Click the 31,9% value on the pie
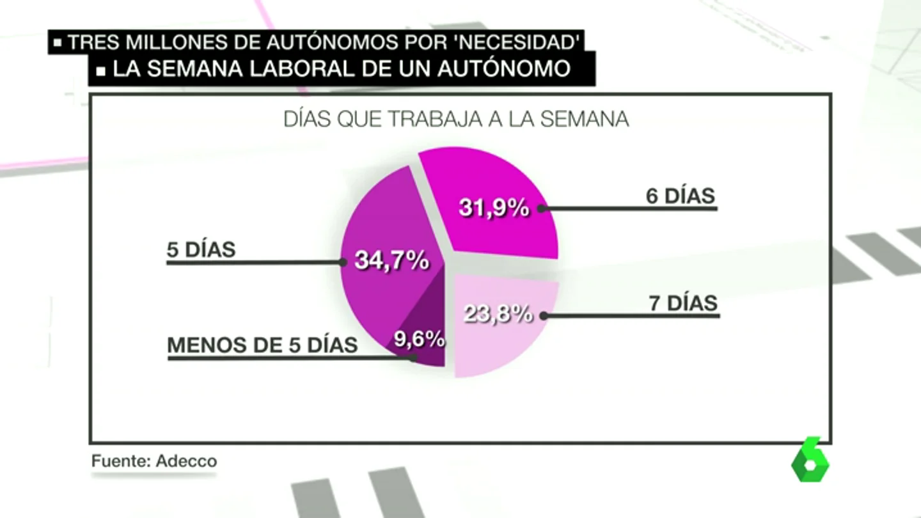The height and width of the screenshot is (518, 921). pyautogui.click(x=494, y=208)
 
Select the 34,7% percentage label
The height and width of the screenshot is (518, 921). pyautogui.click(x=392, y=260)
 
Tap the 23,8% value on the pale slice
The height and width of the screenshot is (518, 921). pyautogui.click(x=498, y=313)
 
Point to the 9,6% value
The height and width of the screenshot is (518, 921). pyautogui.click(x=420, y=339)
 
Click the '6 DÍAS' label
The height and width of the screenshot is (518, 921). pyautogui.click(x=681, y=196)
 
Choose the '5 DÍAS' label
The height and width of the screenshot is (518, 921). pyautogui.click(x=201, y=249)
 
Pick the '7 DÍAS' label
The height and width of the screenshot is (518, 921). pyautogui.click(x=683, y=303)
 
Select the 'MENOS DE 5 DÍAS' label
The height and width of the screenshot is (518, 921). pyautogui.click(x=262, y=345)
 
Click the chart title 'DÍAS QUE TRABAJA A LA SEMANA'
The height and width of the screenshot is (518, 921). pyautogui.click(x=457, y=119)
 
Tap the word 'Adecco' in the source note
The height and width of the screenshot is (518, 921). pyautogui.click(x=186, y=461)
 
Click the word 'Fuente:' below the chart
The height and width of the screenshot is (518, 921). pyautogui.click(x=122, y=461)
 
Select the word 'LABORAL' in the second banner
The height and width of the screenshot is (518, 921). pyautogui.click(x=302, y=68)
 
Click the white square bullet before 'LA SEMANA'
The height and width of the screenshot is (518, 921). pyautogui.click(x=101, y=72)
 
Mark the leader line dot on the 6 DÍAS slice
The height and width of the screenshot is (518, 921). pyautogui.click(x=542, y=208)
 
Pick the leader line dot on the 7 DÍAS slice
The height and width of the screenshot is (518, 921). pyautogui.click(x=544, y=316)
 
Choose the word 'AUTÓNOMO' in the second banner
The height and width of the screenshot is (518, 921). pyautogui.click(x=504, y=68)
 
